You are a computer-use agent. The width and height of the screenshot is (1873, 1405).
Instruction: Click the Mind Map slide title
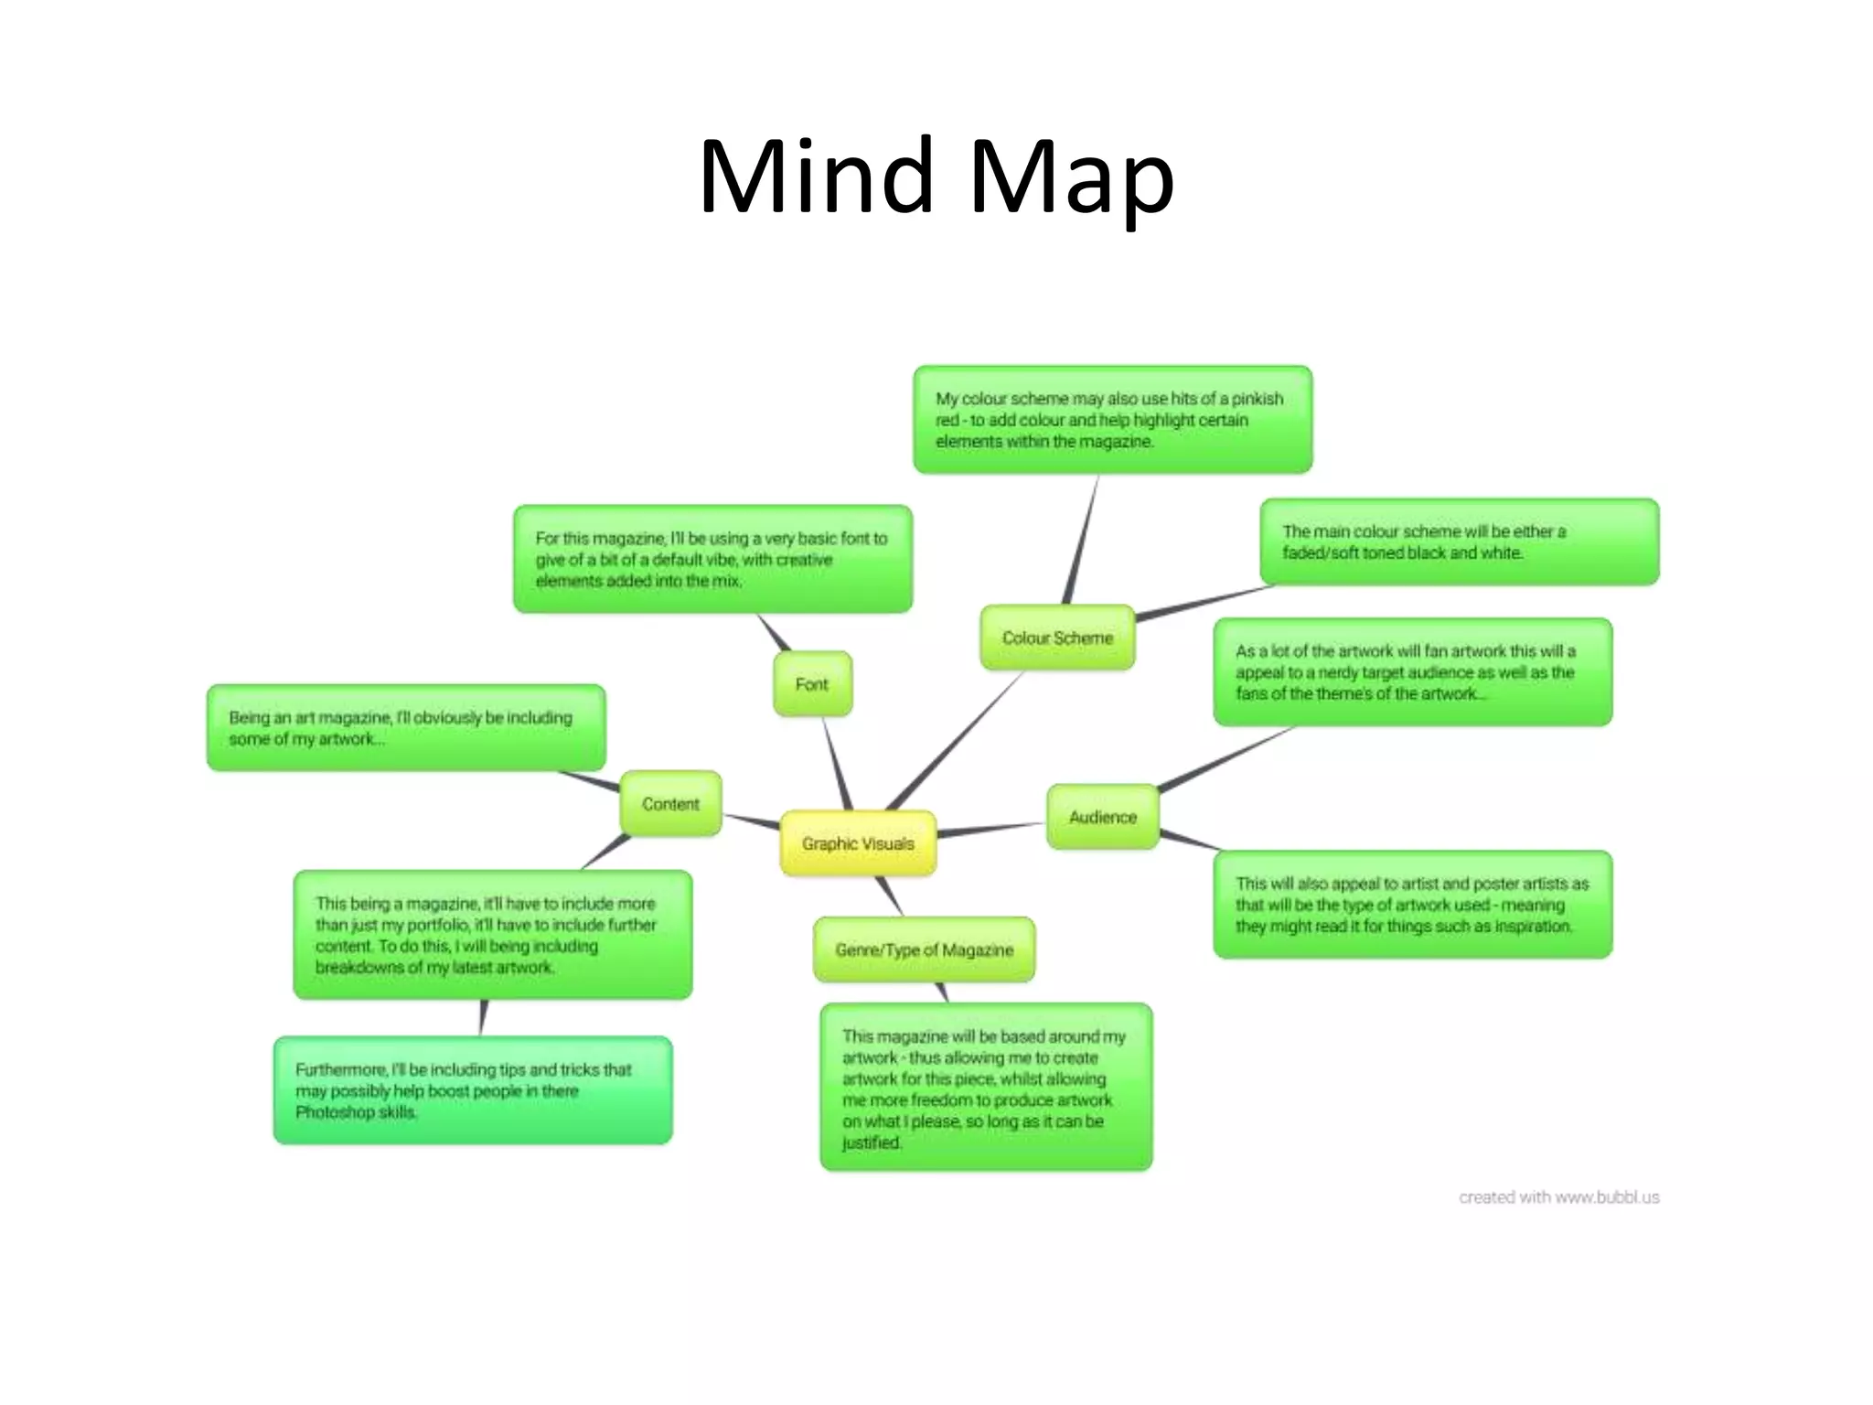coord(936,177)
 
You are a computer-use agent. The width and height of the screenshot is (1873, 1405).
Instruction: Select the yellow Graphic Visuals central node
coord(858,843)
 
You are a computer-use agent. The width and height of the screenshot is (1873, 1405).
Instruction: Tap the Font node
coord(812,684)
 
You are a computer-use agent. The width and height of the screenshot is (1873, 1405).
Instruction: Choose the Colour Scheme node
coord(1057,638)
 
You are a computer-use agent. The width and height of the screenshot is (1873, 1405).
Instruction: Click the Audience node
coord(1102,817)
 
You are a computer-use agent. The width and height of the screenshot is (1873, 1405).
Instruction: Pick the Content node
coord(670,804)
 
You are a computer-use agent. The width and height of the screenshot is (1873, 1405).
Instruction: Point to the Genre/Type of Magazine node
coord(924,950)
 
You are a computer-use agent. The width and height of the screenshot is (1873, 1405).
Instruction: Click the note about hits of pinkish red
coord(1112,420)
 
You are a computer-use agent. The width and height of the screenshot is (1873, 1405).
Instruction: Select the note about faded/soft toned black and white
coord(1459,542)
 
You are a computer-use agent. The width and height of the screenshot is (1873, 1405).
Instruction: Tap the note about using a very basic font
coord(712,559)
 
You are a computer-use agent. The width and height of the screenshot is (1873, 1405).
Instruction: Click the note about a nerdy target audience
coord(1412,672)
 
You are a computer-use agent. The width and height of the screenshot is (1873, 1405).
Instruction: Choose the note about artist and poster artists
coord(1412,905)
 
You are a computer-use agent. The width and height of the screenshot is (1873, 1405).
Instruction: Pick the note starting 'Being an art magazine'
coord(405,728)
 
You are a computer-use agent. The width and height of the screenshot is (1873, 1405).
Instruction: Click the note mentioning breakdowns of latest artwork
coord(492,935)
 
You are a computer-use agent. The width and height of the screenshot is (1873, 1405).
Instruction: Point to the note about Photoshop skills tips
coord(472,1090)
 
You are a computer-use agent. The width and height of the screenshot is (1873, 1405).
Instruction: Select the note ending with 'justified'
coord(985,1088)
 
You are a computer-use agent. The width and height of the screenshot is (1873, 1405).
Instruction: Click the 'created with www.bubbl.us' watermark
coord(1558,1197)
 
